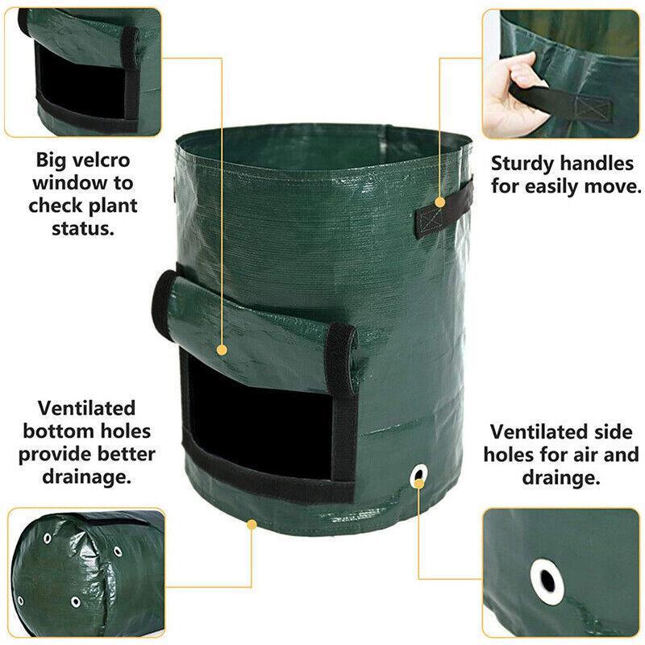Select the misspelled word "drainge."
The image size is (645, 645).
560,477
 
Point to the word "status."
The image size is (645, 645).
83,229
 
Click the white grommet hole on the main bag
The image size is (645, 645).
418,476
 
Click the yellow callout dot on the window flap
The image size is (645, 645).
222,350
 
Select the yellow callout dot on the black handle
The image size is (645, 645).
439,202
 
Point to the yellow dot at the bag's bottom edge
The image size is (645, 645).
252,525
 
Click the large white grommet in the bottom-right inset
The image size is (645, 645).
547,581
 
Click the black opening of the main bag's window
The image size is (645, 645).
259,419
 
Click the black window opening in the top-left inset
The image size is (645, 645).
80,85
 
